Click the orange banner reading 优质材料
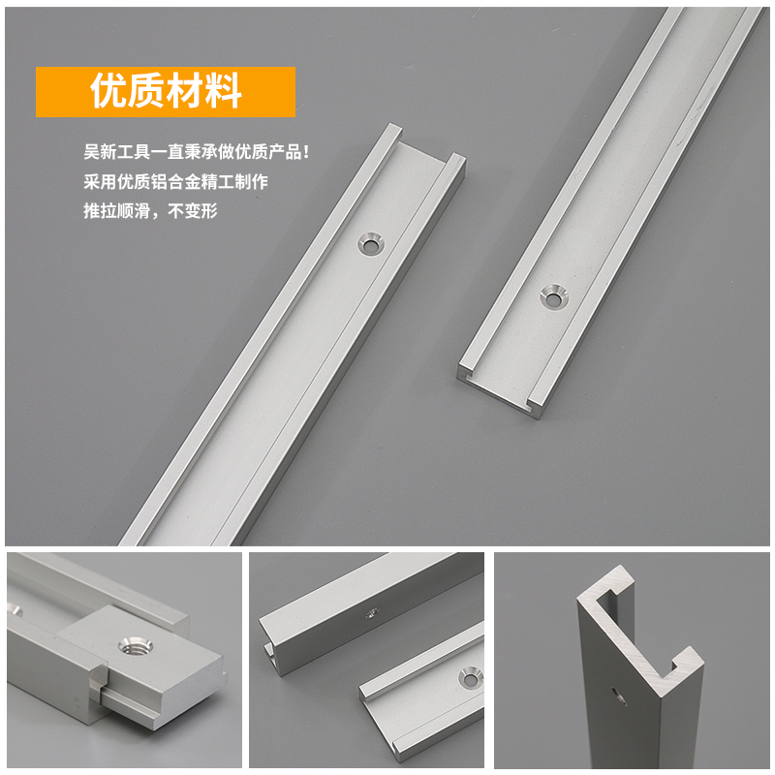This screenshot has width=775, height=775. pyautogui.click(x=165, y=92)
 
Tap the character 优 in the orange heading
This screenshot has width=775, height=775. pyautogui.click(x=108, y=92)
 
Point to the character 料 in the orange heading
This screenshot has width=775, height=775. pyautogui.click(x=224, y=92)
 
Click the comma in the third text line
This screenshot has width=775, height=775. pyautogui.click(x=154, y=213)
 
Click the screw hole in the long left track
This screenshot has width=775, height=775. pyautogui.click(x=368, y=242)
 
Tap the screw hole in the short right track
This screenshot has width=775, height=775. pyautogui.click(x=553, y=296)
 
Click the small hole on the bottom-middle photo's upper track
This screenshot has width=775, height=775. pyautogui.click(x=371, y=612)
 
